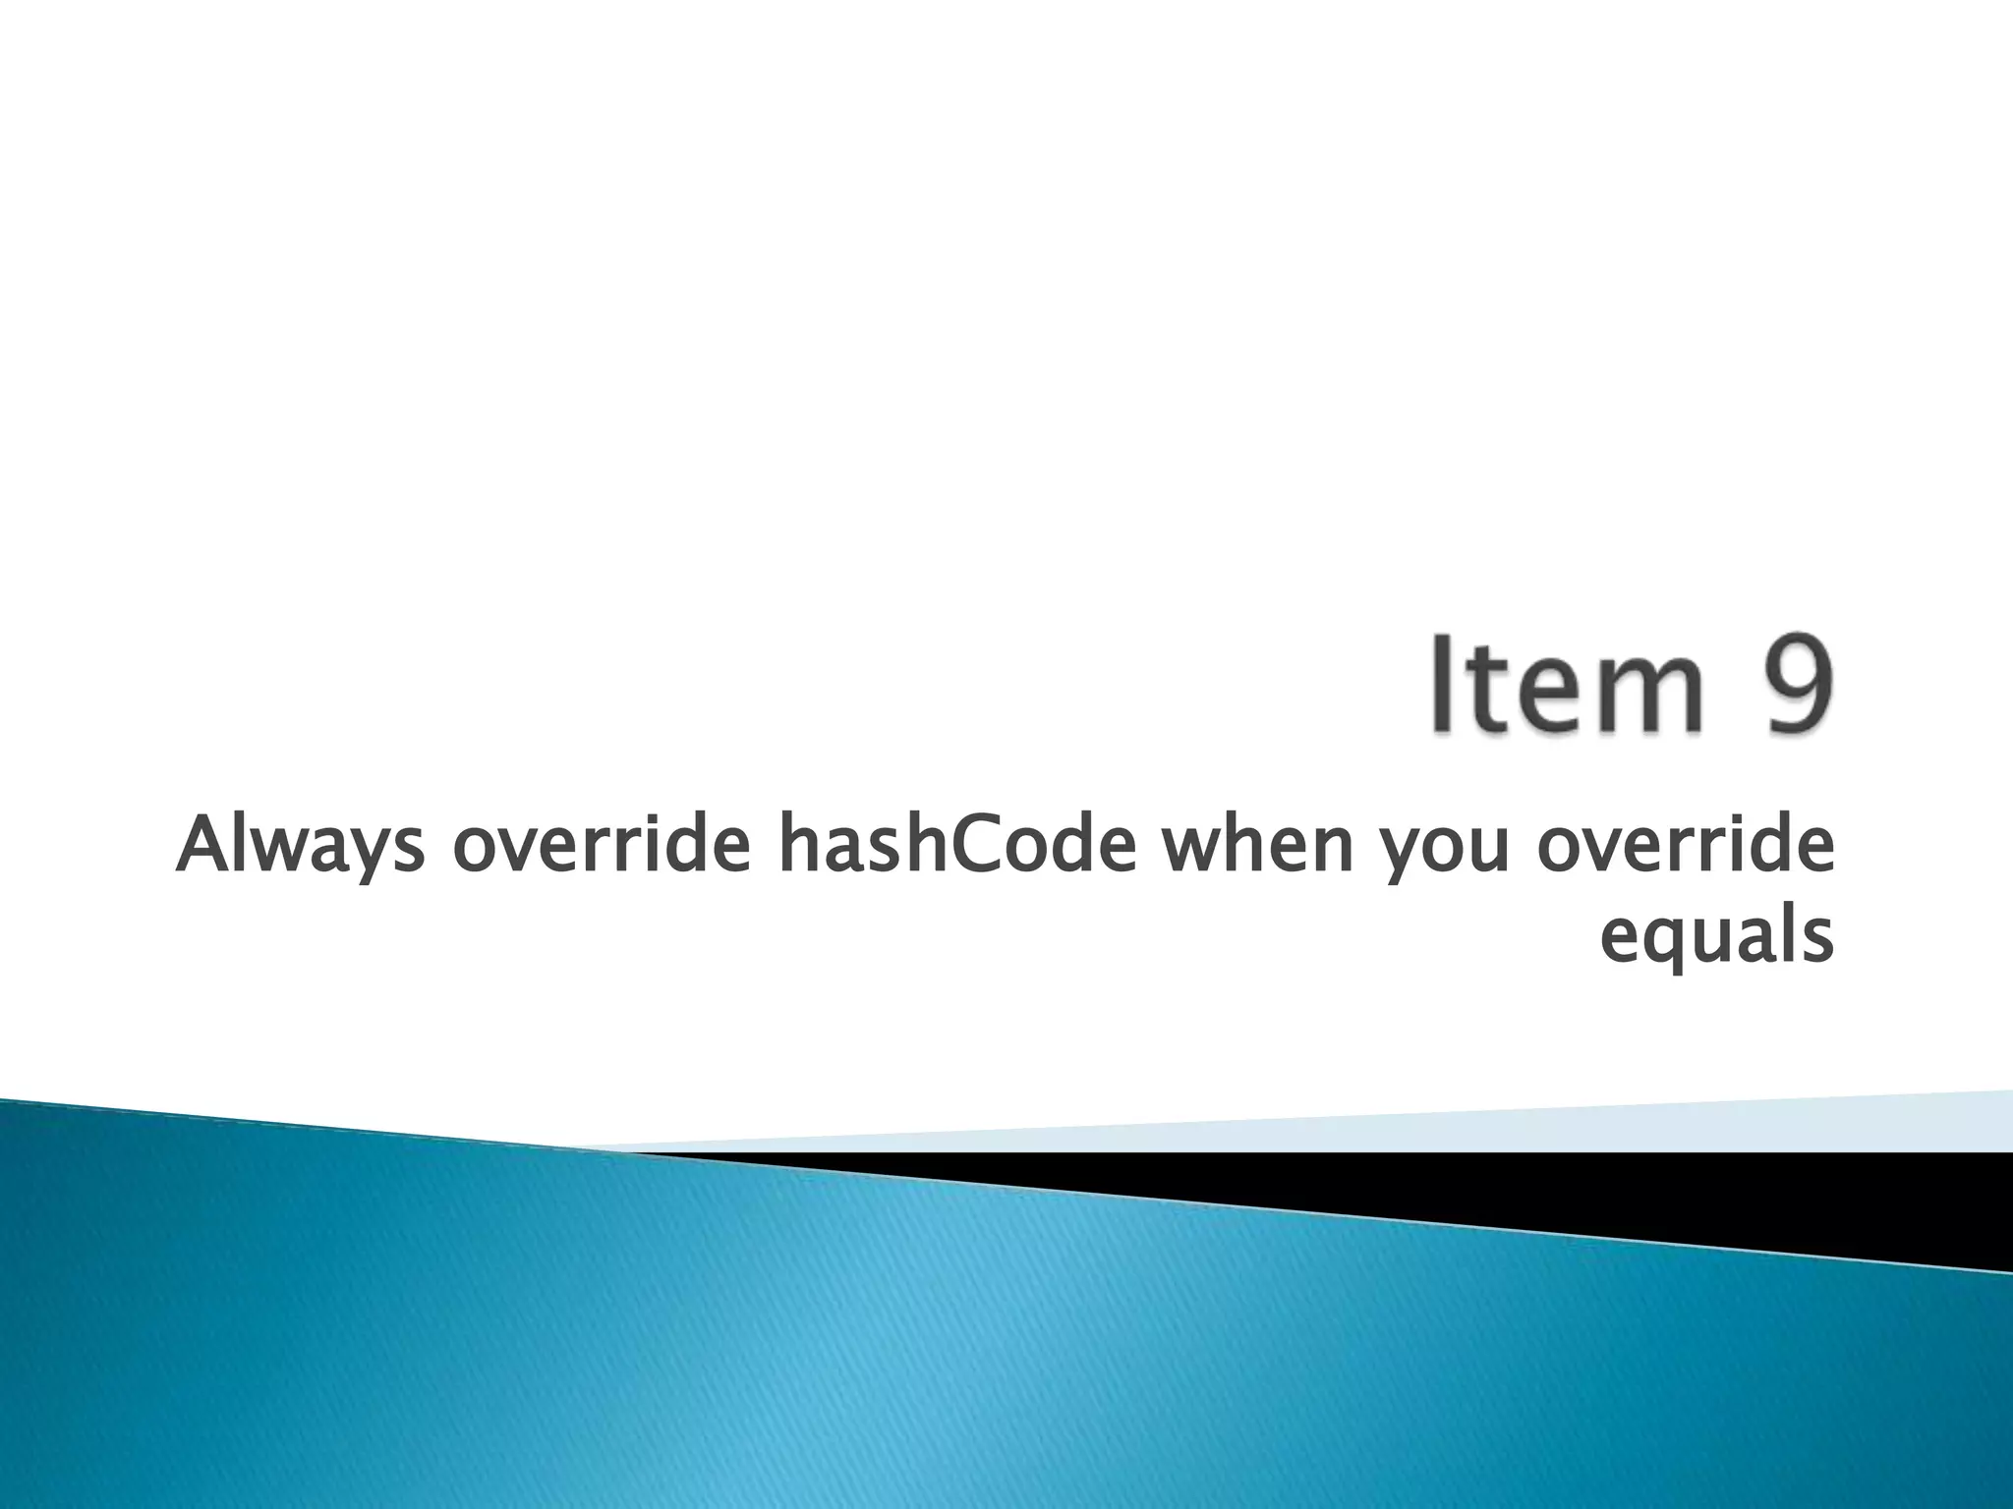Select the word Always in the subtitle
coord(301,847)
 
